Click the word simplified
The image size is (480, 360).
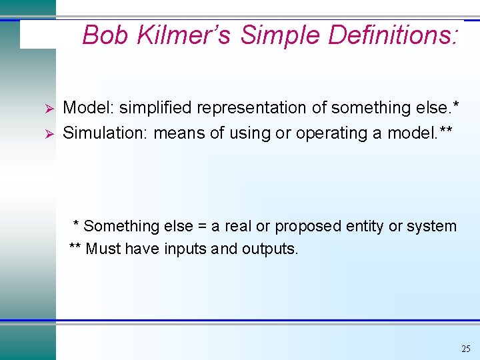[x=155, y=108]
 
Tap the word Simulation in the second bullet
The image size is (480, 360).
[x=105, y=133]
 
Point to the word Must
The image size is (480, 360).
[x=104, y=249]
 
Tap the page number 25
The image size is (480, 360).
[x=465, y=349]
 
